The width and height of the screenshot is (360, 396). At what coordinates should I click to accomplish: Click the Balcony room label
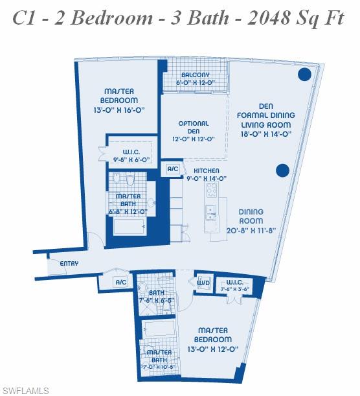point(195,75)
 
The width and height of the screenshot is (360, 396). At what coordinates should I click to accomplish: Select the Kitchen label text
point(197,169)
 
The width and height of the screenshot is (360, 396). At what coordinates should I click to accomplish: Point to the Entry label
point(69,264)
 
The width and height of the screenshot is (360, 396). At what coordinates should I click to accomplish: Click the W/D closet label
point(201,282)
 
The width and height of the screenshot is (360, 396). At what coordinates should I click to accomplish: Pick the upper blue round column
point(304,75)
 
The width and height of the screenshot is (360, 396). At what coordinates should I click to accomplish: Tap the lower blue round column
point(282,170)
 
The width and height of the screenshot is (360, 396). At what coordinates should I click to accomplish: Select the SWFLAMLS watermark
point(25,390)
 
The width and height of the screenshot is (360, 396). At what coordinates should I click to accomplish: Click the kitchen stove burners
point(212,190)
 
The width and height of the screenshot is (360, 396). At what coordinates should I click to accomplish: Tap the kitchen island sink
point(211,210)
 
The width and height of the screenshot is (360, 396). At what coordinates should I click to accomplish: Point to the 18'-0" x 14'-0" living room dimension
point(267,134)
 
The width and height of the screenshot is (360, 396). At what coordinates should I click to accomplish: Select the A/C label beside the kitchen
point(173,169)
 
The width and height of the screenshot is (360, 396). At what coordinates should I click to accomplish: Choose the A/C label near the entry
point(121,282)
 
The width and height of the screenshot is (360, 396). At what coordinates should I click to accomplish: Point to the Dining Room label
point(251,216)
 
